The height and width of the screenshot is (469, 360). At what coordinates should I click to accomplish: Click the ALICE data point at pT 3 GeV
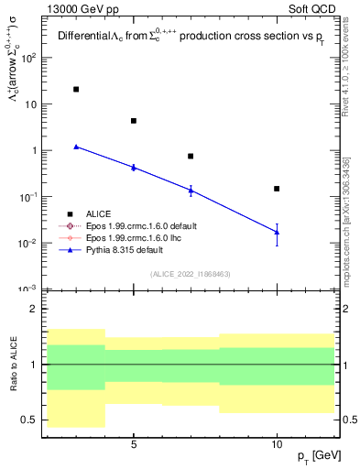click(76, 89)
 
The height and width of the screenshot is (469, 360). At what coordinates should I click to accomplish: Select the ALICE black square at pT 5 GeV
click(134, 121)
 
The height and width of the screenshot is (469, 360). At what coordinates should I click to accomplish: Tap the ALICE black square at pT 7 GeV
click(191, 156)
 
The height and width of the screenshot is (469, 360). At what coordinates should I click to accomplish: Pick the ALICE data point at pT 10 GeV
click(277, 189)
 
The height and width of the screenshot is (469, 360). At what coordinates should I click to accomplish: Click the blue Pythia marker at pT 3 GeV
click(76, 147)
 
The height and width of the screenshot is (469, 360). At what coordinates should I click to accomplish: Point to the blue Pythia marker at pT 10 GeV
click(277, 232)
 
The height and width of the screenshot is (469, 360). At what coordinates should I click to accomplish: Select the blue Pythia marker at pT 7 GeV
click(191, 190)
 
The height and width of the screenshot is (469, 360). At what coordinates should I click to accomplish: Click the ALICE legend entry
click(98, 213)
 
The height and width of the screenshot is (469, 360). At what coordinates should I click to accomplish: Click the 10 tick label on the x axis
click(277, 443)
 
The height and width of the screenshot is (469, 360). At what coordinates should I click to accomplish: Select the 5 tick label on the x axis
click(134, 443)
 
